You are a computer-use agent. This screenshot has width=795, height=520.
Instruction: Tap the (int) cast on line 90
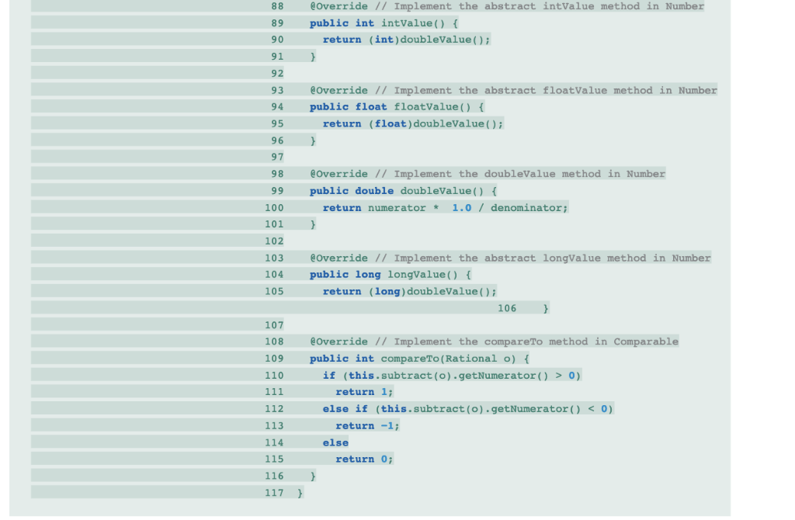click(384, 40)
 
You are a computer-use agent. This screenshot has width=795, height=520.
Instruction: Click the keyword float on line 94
click(371, 107)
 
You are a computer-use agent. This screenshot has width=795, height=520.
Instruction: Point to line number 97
click(277, 157)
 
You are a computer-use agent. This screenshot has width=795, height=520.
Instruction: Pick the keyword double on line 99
click(374, 191)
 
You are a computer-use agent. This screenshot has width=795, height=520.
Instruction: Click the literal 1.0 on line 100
click(461, 208)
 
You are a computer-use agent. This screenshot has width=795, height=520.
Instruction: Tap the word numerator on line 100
click(397, 208)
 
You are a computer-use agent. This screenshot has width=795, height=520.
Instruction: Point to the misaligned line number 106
click(507, 309)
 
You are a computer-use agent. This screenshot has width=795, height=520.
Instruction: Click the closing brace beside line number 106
click(546, 309)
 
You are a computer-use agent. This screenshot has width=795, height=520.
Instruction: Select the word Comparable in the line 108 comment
click(646, 342)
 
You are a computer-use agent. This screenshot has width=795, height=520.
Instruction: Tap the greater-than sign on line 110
click(558, 376)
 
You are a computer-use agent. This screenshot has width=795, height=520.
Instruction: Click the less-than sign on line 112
click(591, 409)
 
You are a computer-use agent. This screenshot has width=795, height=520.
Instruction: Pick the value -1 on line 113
click(387, 426)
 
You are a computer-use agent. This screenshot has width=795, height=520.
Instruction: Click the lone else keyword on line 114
click(335, 443)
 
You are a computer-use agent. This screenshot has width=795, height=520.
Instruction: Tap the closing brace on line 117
click(300, 493)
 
